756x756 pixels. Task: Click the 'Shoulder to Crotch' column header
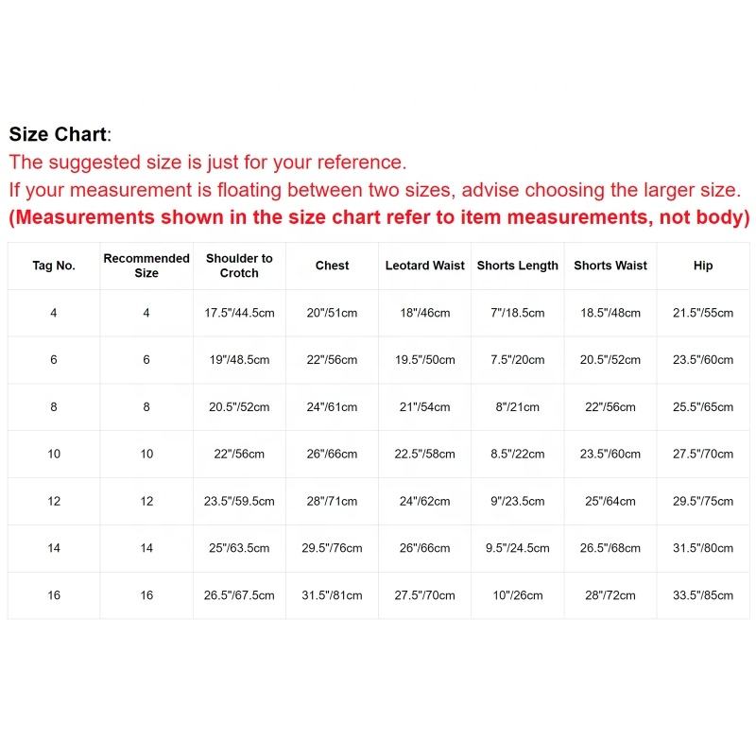239,266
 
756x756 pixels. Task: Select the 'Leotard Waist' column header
425,266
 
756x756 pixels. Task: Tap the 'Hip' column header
703,266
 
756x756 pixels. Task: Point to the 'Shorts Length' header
518,266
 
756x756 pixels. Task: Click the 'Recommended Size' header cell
146,266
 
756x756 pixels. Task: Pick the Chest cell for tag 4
333,313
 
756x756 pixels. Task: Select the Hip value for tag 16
703,595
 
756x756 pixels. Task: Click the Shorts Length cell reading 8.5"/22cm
518,455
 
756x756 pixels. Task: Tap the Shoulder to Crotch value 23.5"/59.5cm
239,502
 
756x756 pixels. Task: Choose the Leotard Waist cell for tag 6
425,360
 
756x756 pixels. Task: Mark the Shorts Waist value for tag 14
610,548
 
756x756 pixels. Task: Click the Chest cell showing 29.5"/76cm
333,548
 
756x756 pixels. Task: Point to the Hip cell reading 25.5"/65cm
703,407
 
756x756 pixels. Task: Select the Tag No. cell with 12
54,502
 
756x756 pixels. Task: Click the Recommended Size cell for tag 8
146,407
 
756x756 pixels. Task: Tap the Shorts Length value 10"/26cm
518,595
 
